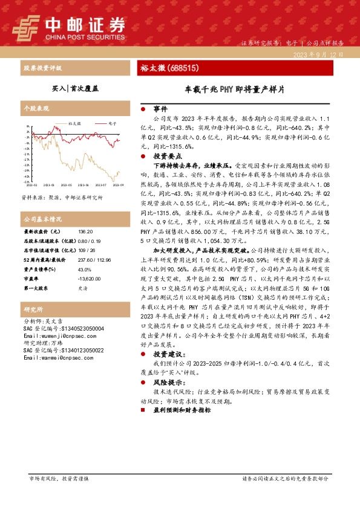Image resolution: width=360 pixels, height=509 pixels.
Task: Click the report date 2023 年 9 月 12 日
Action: click(x=321, y=54)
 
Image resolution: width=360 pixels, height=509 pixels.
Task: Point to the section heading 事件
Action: click(x=160, y=109)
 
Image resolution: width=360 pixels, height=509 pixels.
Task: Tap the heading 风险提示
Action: click(x=165, y=383)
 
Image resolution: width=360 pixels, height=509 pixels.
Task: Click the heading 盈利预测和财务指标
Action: click(x=182, y=410)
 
